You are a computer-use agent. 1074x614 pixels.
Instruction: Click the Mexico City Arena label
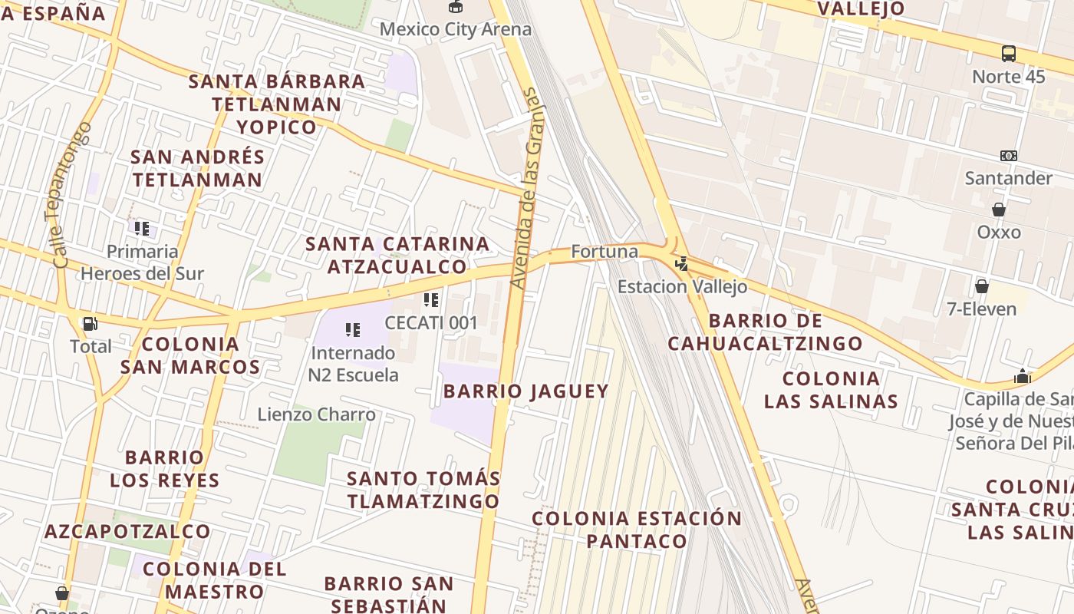(456, 30)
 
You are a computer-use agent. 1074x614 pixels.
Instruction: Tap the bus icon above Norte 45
(1009, 54)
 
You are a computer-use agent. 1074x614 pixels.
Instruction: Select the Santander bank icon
(1009, 156)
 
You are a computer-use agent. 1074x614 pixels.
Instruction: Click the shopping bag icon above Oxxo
(999, 210)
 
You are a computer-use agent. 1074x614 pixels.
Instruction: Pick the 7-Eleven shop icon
(981, 287)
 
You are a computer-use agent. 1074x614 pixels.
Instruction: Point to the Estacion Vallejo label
(682, 287)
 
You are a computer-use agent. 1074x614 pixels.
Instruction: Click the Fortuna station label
(605, 252)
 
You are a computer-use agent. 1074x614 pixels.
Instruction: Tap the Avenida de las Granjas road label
(529, 189)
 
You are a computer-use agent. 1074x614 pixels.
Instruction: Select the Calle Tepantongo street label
(73, 195)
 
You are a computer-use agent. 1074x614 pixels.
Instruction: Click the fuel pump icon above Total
(90, 324)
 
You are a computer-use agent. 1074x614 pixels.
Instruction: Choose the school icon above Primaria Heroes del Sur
(142, 228)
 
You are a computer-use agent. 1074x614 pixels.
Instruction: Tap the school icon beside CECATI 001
(431, 300)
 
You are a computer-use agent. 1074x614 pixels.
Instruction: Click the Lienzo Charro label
(316, 415)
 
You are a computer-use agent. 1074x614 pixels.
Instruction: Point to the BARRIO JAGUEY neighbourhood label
(526, 391)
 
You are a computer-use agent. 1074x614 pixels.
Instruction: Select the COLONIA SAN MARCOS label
(190, 355)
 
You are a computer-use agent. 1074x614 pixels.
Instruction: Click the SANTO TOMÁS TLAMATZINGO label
(423, 490)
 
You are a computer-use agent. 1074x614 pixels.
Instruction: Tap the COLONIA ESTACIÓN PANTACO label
(637, 530)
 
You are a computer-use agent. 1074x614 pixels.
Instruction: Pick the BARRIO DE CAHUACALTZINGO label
(765, 332)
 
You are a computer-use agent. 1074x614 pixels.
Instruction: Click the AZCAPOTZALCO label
(127, 531)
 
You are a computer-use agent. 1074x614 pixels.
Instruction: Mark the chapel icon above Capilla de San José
(1022, 377)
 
